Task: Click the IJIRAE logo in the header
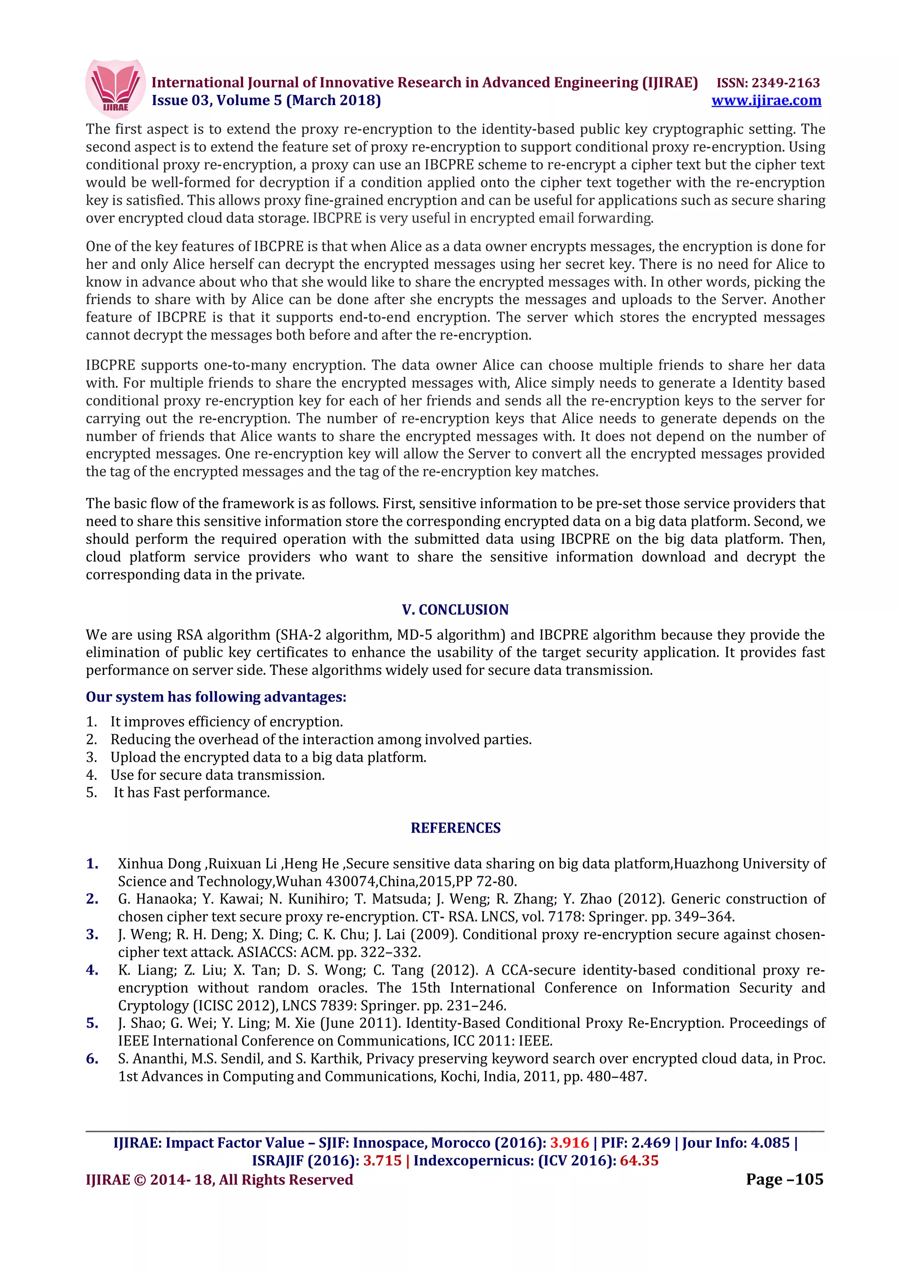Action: coord(115,88)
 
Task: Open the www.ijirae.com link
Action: coord(766,100)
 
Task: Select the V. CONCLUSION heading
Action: coord(455,609)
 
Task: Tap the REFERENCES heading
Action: coord(455,827)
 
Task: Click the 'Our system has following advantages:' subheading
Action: coord(216,696)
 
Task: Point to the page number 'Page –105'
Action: coord(784,1179)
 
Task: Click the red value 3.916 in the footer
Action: coord(569,1143)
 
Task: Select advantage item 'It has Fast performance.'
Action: coord(191,792)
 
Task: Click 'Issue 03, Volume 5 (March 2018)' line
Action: coord(266,100)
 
